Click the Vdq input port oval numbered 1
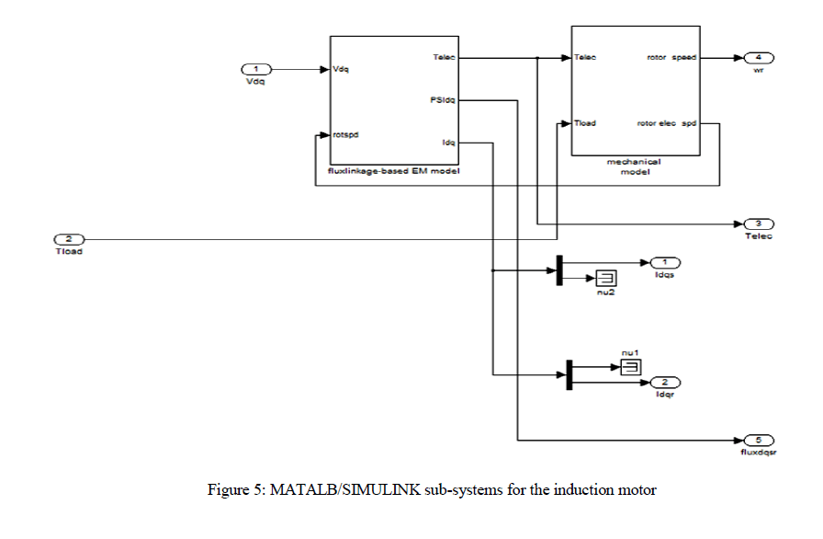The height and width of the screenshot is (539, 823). point(256,69)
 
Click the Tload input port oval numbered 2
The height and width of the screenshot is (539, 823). point(70,240)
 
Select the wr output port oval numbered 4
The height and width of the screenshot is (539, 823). point(759,57)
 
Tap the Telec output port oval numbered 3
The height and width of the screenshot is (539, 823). point(759,224)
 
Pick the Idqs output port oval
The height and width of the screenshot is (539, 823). point(665,263)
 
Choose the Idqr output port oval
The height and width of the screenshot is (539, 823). point(665,382)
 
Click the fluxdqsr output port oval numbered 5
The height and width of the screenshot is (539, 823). point(759,441)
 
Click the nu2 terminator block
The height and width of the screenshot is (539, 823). point(607,278)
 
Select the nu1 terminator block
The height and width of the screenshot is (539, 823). point(630,367)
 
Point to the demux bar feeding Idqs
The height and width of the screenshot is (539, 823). point(558,270)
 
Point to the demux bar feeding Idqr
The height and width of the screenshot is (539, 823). point(569,374)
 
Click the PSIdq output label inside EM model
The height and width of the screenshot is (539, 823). point(443,99)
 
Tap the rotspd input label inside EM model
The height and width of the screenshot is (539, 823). point(346,135)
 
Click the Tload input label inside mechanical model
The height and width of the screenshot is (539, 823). point(586,123)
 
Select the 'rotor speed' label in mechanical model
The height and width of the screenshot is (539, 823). point(671,57)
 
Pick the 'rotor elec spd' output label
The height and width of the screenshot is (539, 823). point(667,123)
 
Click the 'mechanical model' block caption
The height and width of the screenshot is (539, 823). point(633,166)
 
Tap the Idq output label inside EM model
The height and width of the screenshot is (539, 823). point(448,142)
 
